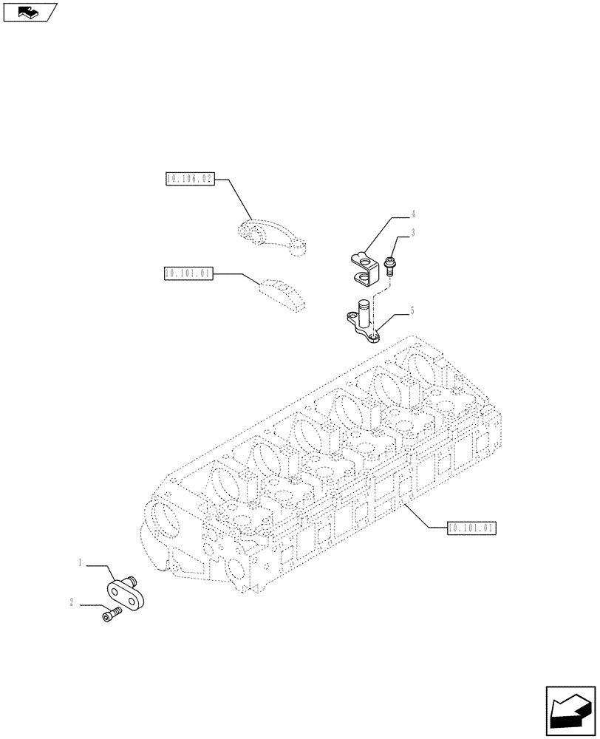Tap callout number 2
pos(72,603)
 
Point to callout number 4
pos(413,214)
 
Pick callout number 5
pos(412,311)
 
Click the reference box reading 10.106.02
pos(189,179)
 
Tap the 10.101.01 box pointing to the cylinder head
pos(472,528)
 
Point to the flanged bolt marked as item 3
pos(389,265)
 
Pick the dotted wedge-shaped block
pos(282,293)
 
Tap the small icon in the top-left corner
pos(30,13)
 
